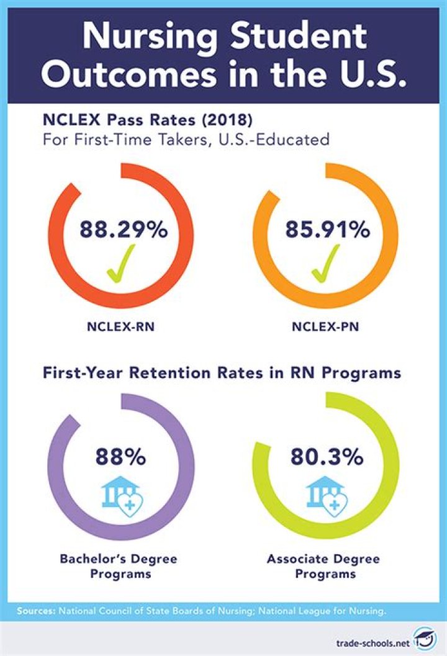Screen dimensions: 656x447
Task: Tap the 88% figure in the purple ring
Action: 120,458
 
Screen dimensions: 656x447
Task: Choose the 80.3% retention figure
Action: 326,458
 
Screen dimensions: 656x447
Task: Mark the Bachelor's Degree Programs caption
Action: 118,567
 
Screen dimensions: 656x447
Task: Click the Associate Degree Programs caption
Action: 323,567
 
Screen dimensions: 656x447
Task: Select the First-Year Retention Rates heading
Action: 222,374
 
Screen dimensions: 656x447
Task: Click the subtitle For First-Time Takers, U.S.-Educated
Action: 186,140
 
